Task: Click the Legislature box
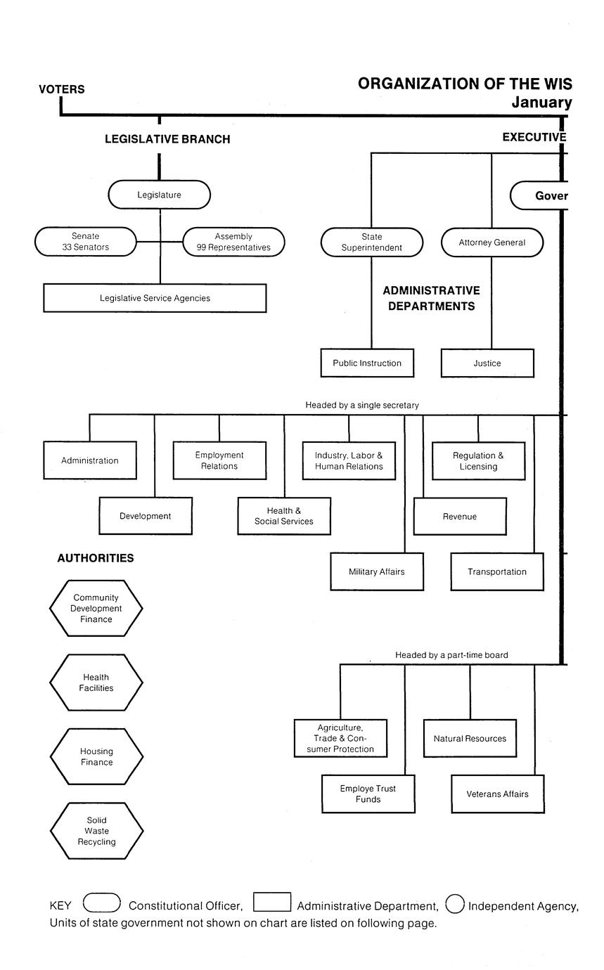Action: click(159, 195)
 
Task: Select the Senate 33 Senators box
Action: click(85, 242)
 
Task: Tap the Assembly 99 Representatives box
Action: click(233, 242)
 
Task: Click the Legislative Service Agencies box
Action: click(155, 298)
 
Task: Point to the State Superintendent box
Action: click(371, 242)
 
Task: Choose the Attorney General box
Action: click(491, 242)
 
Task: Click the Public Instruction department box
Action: click(367, 363)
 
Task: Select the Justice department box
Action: click(487, 363)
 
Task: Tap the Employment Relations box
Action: click(219, 460)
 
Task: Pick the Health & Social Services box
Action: click(283, 516)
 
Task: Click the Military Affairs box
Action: click(377, 571)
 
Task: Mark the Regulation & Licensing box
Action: click(478, 460)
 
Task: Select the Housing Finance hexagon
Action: click(96, 756)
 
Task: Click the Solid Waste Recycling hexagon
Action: click(96, 831)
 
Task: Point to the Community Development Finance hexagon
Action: click(96, 608)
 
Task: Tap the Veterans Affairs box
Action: click(497, 794)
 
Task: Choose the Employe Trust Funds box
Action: click(368, 794)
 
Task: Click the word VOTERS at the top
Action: click(62, 89)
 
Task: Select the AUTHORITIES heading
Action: click(96, 558)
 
